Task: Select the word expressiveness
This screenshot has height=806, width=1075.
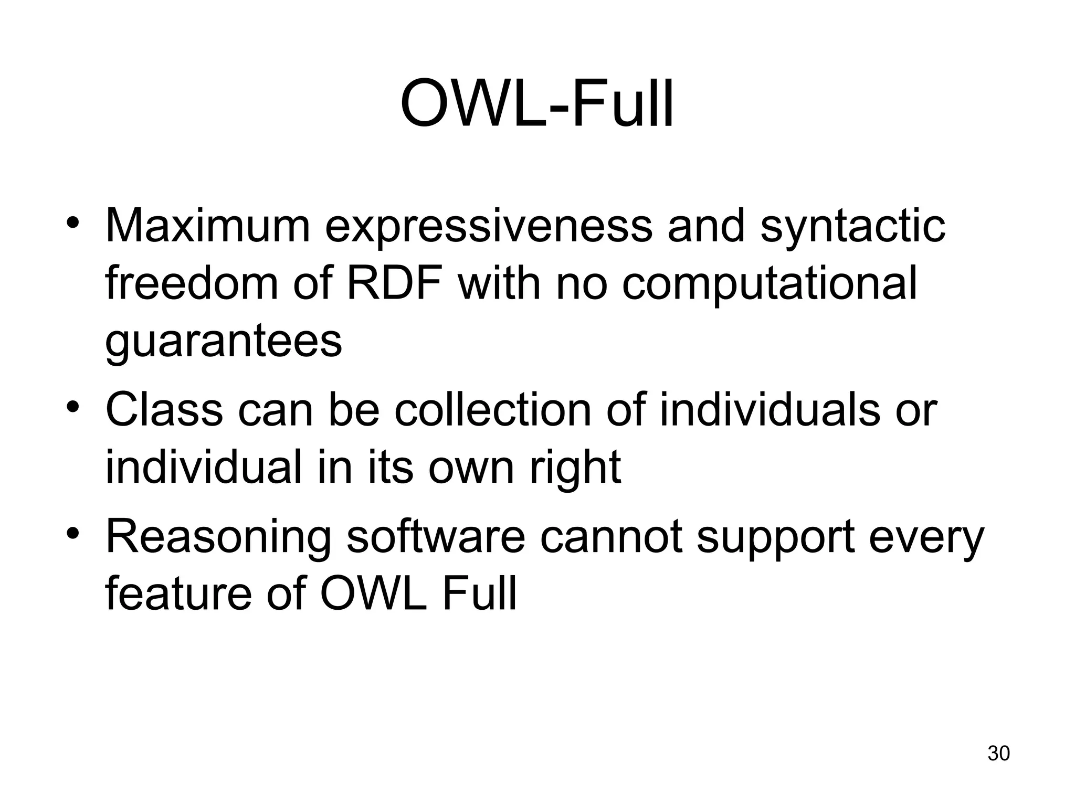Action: [489, 227]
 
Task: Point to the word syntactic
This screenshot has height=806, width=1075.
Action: [852, 227]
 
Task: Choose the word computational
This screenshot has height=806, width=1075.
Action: [770, 284]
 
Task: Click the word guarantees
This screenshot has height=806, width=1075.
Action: [224, 342]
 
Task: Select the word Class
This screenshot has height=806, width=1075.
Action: [164, 409]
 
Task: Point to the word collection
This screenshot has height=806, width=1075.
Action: [493, 409]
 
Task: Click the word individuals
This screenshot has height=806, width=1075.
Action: [770, 409]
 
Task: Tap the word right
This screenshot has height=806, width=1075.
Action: [575, 467]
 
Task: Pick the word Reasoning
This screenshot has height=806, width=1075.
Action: [218, 537]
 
